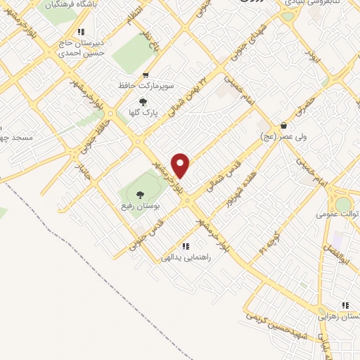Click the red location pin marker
pyautogui.click(x=181, y=165)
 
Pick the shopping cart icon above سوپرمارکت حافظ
pyautogui.click(x=146, y=75)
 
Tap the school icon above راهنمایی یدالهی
pyautogui.click(x=186, y=246)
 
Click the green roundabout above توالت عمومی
pyautogui.click(x=343, y=204)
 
